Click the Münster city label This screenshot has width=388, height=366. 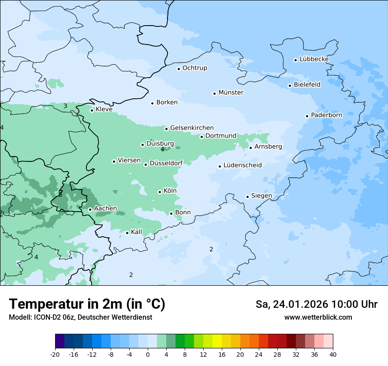(231, 93)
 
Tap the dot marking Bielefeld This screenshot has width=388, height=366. (290, 86)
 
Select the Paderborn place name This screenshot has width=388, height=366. (326, 115)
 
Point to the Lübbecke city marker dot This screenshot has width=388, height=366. (296, 60)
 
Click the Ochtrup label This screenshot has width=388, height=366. (194, 68)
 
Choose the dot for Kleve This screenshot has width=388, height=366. (92, 110)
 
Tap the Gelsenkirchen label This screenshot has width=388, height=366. (192, 128)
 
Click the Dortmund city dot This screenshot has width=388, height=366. (202, 137)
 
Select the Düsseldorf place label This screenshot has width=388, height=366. (166, 164)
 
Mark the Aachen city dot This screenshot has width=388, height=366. (90, 209)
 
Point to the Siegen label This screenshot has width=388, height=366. (261, 196)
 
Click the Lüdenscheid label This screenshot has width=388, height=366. (242, 165)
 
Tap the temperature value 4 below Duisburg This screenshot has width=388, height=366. (162, 149)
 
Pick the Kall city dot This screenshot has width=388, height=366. (127, 233)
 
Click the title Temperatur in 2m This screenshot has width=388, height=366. (87, 304)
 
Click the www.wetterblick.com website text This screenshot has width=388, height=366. (318, 317)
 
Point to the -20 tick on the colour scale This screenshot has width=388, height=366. (55, 354)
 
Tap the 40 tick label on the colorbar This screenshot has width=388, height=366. (332, 354)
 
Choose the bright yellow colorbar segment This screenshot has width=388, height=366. (217, 341)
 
